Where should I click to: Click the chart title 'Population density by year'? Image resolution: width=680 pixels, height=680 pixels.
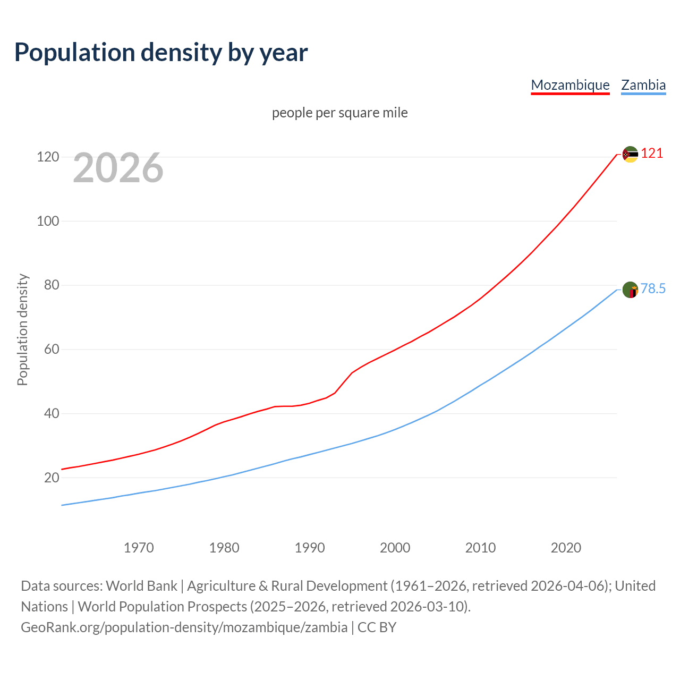click(161, 53)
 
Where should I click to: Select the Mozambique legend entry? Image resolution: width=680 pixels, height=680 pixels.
click(570, 85)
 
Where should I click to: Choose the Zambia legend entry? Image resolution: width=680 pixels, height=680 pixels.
click(643, 85)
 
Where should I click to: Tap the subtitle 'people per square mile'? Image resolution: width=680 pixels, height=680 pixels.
click(339, 113)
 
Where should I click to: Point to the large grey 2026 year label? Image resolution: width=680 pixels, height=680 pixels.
click(118, 168)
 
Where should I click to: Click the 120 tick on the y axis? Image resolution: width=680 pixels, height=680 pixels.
click(48, 157)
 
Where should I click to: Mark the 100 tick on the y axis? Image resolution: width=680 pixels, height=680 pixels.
click(48, 221)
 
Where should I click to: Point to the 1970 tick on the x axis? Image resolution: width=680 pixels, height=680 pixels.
click(139, 548)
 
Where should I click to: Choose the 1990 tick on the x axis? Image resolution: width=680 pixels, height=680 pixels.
click(310, 548)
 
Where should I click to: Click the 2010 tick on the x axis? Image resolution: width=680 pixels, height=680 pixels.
click(480, 548)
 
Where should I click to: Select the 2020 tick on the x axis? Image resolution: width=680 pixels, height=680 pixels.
click(566, 548)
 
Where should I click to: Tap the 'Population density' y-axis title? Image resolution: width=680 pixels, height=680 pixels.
click(22, 329)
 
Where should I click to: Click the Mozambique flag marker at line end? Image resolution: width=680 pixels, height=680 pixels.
click(630, 155)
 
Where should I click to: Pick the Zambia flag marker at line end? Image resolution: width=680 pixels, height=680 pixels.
click(630, 290)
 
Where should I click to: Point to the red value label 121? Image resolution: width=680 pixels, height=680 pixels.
click(652, 154)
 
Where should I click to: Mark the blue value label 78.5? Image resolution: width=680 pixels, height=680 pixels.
click(653, 288)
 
